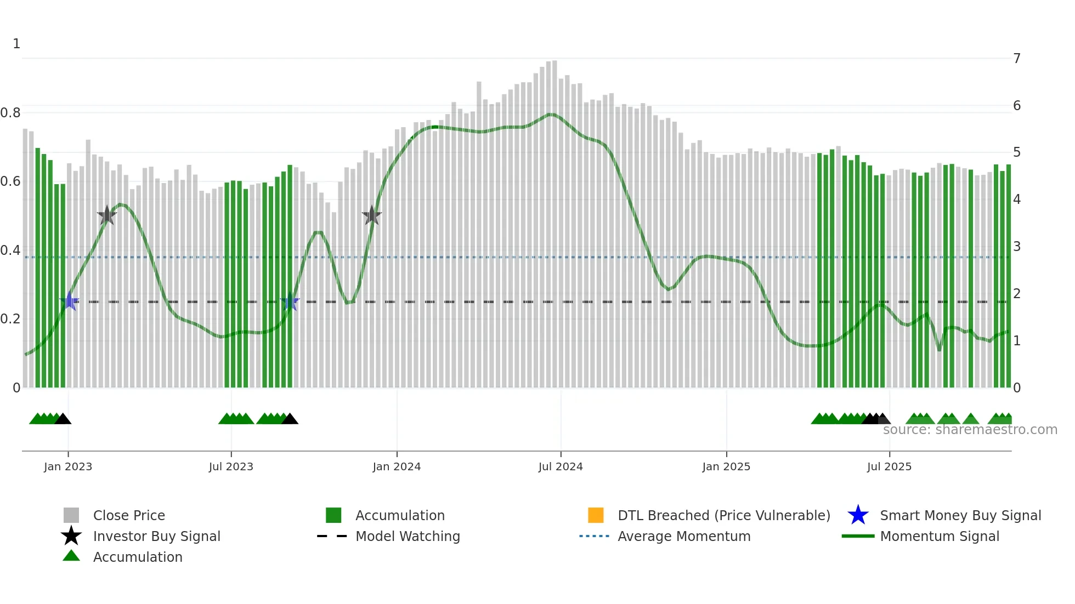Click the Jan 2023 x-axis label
tap(68, 467)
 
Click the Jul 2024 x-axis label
tap(561, 467)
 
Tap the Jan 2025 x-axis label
tap(726, 467)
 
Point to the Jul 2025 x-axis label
tap(889, 467)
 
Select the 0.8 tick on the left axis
tap(10, 113)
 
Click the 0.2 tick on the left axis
tap(10, 319)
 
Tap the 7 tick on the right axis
tap(1017, 59)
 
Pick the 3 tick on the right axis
tap(1017, 247)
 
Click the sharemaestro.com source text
tap(970, 430)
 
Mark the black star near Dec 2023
tap(372, 215)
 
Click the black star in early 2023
tap(107, 215)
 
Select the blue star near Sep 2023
tap(290, 301)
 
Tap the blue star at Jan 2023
tap(70, 301)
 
